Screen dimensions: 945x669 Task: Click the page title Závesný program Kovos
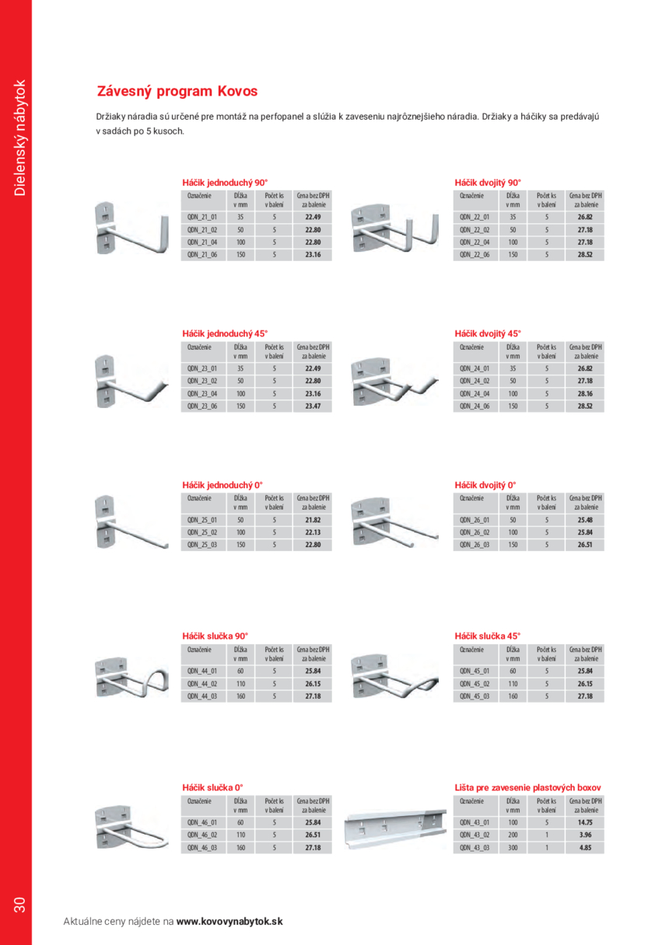click(x=177, y=92)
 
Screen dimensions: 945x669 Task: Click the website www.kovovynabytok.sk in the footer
click(x=229, y=921)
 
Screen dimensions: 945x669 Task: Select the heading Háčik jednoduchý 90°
click(x=225, y=183)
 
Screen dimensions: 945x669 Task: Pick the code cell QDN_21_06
click(x=201, y=255)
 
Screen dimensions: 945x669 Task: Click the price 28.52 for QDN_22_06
click(x=585, y=255)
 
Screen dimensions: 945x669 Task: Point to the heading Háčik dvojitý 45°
click(x=488, y=333)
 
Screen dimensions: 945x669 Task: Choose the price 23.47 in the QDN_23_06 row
click(x=313, y=406)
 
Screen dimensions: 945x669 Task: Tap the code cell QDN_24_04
click(x=474, y=394)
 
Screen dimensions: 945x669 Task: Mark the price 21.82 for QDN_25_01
click(x=313, y=520)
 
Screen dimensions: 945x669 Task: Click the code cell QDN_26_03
click(x=474, y=545)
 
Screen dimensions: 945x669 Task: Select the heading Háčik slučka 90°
click(x=215, y=636)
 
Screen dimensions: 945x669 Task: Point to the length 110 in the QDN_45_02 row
click(x=512, y=684)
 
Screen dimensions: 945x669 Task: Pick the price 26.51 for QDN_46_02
click(x=313, y=835)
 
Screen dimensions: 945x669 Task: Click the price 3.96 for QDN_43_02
click(x=585, y=835)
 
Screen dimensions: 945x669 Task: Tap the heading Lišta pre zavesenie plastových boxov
click(x=527, y=787)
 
